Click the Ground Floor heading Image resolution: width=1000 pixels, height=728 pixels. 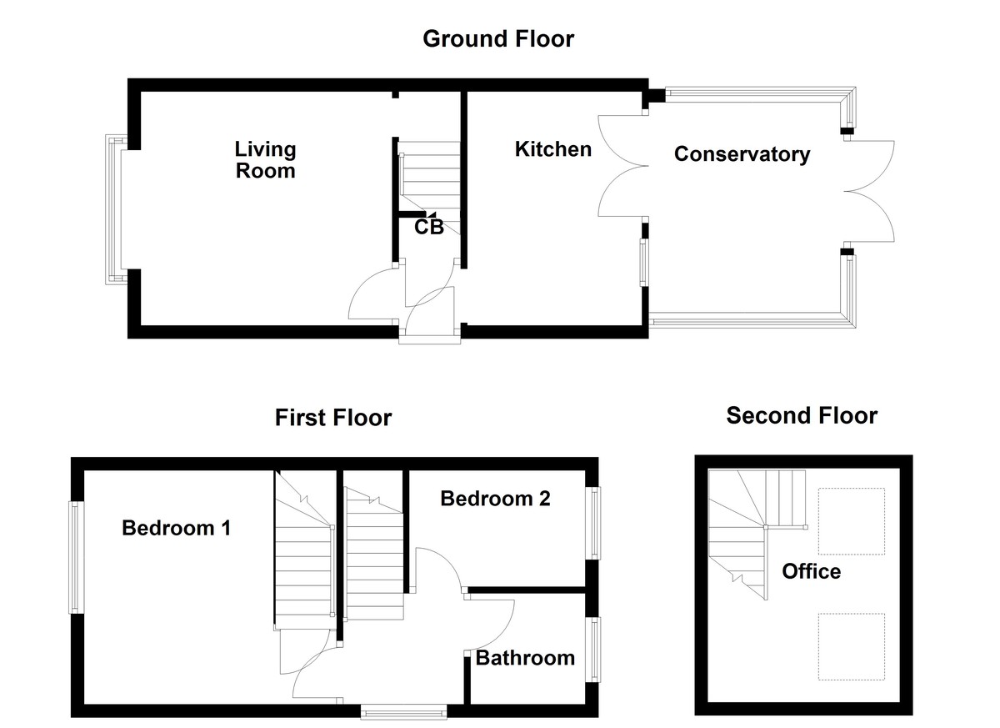498,38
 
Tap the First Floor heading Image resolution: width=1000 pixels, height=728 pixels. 333,417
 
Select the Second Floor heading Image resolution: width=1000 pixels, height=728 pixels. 802,415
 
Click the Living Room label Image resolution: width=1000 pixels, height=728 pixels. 265,160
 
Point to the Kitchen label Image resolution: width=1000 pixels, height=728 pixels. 553,149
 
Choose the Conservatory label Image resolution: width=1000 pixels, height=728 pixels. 742,154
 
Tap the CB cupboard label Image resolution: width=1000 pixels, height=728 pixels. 429,226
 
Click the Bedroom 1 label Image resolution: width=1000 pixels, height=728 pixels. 176,528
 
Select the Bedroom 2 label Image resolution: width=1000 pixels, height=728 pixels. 495,499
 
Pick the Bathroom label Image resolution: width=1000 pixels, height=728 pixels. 525,658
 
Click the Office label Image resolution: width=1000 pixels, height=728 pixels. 811,571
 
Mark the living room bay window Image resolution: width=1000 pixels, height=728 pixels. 113,211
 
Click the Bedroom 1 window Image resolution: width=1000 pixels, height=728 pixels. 76,557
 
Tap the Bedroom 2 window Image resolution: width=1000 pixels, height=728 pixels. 594,523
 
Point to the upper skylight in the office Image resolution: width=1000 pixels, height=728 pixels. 851,521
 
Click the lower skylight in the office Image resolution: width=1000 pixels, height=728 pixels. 851,646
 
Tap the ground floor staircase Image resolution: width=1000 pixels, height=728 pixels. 429,176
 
